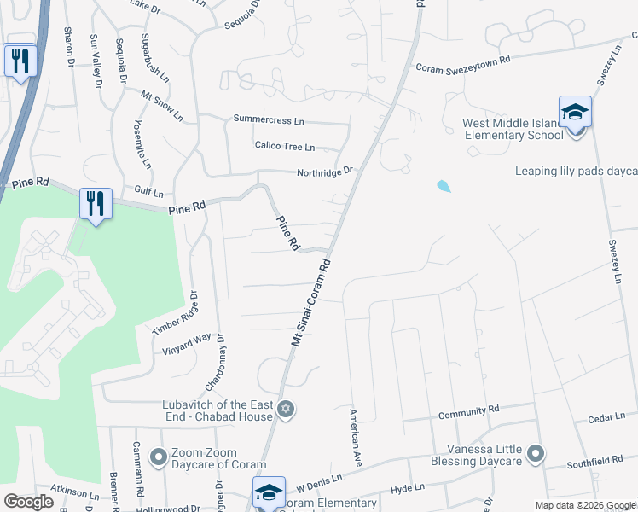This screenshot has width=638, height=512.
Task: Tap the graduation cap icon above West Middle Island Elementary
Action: [575, 112]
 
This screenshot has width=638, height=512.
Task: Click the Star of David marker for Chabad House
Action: [287, 410]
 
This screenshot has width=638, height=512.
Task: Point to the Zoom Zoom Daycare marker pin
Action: [158, 458]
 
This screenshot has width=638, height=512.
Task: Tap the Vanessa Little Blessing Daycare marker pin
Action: [535, 452]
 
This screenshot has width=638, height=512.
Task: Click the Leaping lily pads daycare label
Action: [576, 171]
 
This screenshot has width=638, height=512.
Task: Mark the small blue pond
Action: [443, 186]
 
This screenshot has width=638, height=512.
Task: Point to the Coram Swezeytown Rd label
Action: [462, 65]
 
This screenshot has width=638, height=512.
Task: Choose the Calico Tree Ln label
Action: [285, 146]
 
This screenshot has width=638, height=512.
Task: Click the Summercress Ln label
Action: [268, 121]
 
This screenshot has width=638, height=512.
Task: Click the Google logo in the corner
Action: [29, 502]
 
